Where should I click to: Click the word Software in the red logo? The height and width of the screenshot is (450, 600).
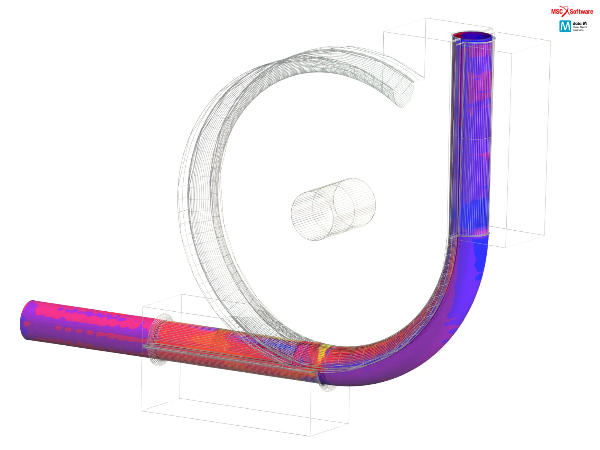(581, 12)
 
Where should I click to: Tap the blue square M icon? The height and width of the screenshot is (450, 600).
(565, 26)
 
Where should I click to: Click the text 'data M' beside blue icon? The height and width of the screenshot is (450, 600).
(580, 23)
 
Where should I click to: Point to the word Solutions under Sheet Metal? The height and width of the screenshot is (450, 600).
(578, 30)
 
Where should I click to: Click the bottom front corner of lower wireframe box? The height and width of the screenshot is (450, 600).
(310, 436)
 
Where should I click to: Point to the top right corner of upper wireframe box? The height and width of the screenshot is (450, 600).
(550, 41)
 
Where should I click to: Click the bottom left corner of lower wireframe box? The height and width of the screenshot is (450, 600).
(141, 411)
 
